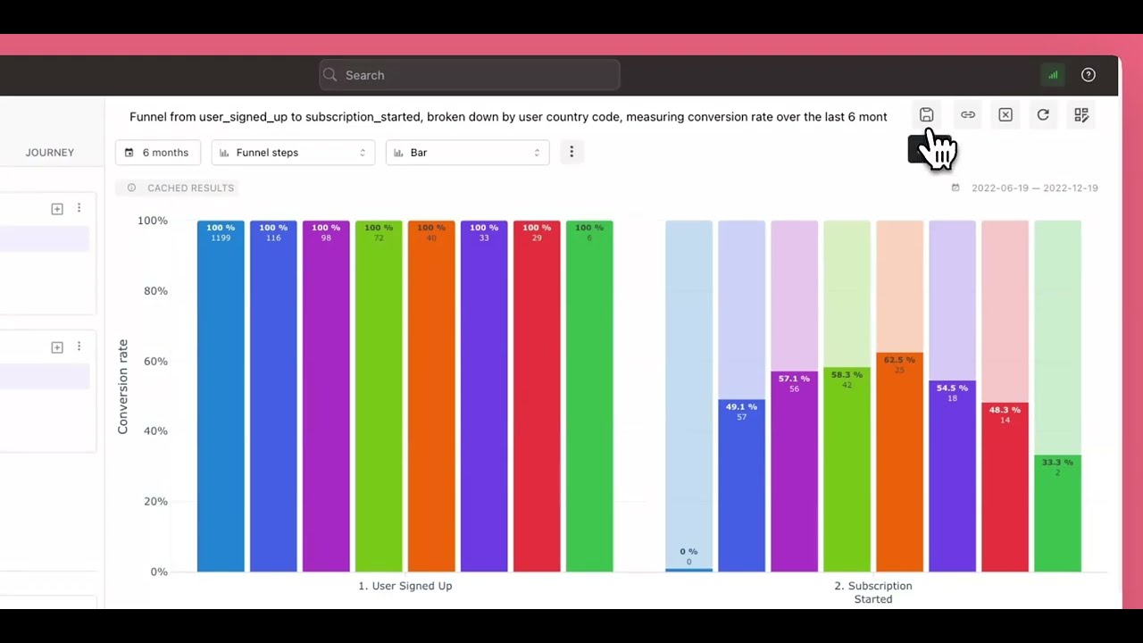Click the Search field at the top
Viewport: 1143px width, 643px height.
469,75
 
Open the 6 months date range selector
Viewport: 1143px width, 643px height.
157,153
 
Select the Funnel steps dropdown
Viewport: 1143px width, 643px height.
292,153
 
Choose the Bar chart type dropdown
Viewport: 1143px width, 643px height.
467,153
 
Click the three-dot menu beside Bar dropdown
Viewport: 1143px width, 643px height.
571,152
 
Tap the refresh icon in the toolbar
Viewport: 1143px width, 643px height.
1043,115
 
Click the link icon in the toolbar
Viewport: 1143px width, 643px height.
968,115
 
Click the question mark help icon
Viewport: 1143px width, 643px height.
1088,75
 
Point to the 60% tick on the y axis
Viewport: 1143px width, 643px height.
152,361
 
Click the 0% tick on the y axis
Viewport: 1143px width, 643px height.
158,572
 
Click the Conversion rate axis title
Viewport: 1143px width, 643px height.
123,387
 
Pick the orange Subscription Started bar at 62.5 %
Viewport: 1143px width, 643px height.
899,464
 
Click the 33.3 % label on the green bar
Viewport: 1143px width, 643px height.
1057,463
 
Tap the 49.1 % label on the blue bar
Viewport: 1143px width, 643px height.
741,407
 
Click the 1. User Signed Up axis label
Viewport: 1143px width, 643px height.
405,586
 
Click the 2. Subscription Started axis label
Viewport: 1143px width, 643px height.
873,592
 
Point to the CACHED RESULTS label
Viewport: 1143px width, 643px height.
190,188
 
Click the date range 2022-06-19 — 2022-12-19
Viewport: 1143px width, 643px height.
1034,188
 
